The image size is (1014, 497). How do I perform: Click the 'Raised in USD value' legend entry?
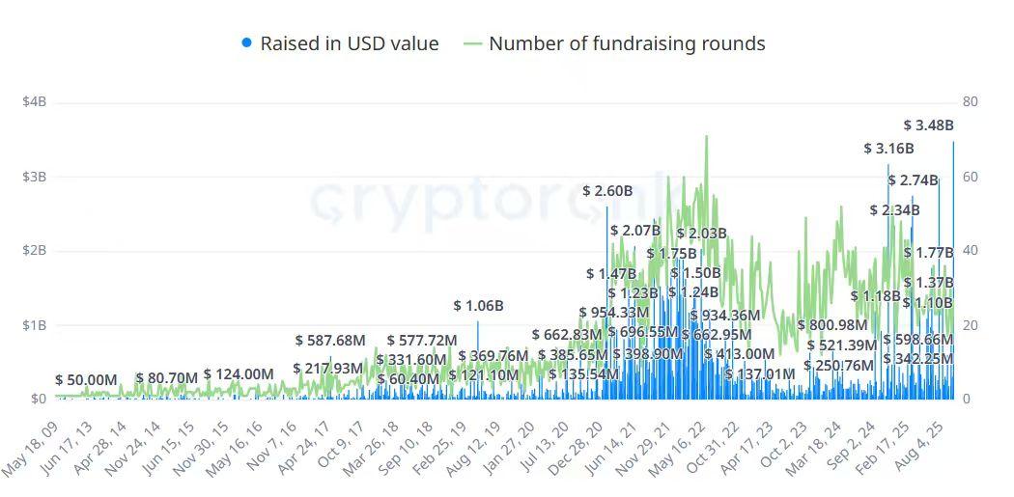pyautogui.click(x=349, y=43)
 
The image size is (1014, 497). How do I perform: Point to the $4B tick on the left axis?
pyautogui.click(x=35, y=102)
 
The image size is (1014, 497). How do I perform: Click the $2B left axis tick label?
pyautogui.click(x=35, y=251)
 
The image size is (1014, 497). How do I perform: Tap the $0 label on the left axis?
pyautogui.click(x=39, y=399)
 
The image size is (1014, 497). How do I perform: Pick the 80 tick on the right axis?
pyautogui.click(x=971, y=102)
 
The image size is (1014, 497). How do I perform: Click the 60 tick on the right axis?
pyautogui.click(x=971, y=177)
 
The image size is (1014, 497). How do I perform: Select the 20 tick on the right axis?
pyautogui.click(x=971, y=325)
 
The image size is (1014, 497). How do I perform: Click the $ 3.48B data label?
pyautogui.click(x=928, y=125)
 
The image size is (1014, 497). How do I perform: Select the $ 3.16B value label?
pyautogui.click(x=888, y=149)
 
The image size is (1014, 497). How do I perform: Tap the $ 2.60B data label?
pyautogui.click(x=607, y=191)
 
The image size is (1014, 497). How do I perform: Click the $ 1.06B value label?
pyautogui.click(x=479, y=306)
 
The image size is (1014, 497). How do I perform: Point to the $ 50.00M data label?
pyautogui.click(x=86, y=380)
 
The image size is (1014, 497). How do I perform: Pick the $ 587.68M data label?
pyautogui.click(x=330, y=341)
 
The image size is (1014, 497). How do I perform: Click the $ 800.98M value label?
pyautogui.click(x=832, y=325)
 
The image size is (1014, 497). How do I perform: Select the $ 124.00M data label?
pyautogui.click(x=239, y=374)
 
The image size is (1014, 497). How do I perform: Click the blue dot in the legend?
pyautogui.click(x=247, y=43)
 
